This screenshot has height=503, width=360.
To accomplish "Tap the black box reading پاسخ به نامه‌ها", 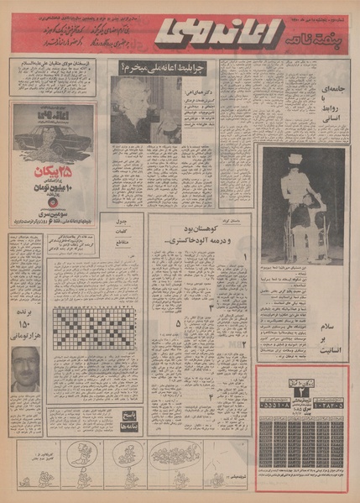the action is pos(128,419).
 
